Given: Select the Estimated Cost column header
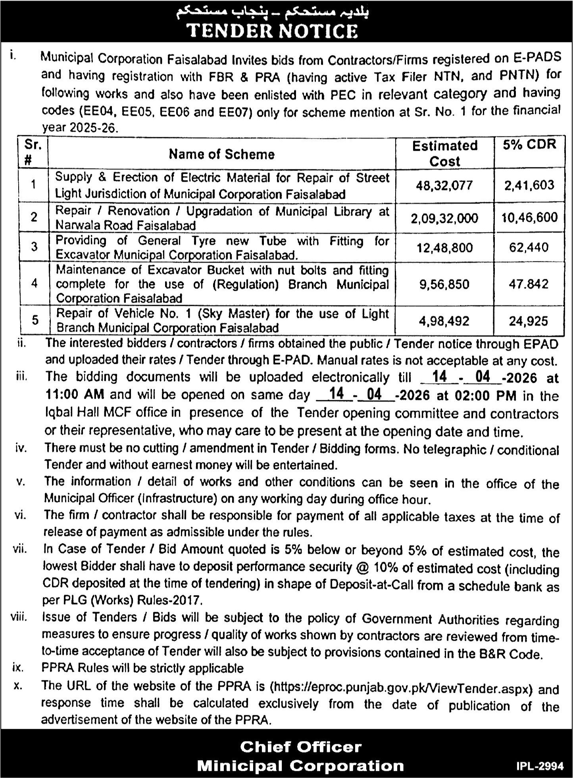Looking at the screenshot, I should coord(444,153).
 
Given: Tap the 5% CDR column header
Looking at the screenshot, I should coord(529,145).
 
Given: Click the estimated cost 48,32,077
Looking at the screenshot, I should coord(444,185).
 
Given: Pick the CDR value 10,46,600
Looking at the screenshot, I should coord(529,217).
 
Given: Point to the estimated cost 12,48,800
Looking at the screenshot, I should coord(444,248).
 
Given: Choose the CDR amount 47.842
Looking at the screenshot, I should coord(529,284).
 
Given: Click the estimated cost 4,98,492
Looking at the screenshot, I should coord(444,321).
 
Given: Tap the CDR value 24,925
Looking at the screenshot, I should coord(529,321).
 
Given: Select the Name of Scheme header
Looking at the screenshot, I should coord(221,154).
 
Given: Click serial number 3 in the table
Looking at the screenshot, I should coord(34,247).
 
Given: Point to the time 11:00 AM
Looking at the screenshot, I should coord(75,394).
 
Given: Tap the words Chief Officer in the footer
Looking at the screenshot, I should coord(300,747).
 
